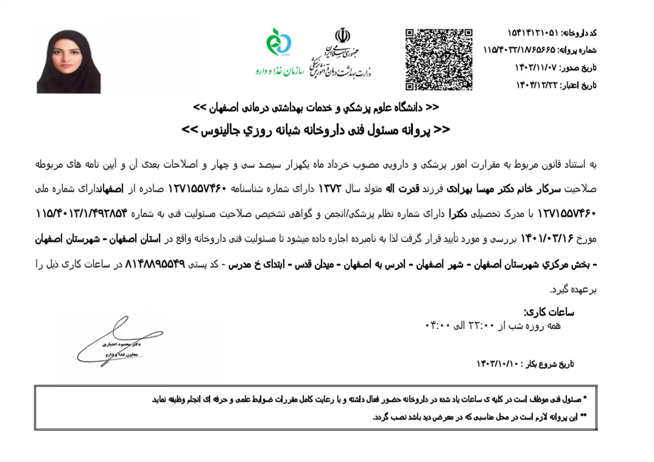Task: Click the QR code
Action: click(439, 60)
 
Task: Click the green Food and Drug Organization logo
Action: click(279, 42)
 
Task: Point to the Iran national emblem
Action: click(342, 35)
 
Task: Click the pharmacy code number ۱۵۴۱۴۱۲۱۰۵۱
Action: click(533, 33)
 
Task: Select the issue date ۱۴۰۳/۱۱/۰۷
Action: click(536, 68)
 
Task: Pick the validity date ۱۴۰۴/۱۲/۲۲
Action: click(537, 85)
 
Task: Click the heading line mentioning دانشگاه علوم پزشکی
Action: click(316, 107)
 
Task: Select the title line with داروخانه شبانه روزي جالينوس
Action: click(316, 130)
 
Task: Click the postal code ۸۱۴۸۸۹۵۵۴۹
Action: click(155, 264)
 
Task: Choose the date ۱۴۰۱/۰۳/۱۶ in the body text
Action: click(547, 239)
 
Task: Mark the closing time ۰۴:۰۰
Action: click(437, 325)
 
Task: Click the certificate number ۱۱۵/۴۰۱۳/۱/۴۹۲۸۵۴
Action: click(82, 214)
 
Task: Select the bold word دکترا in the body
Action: click(458, 214)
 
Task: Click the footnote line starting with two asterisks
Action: click(479, 417)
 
